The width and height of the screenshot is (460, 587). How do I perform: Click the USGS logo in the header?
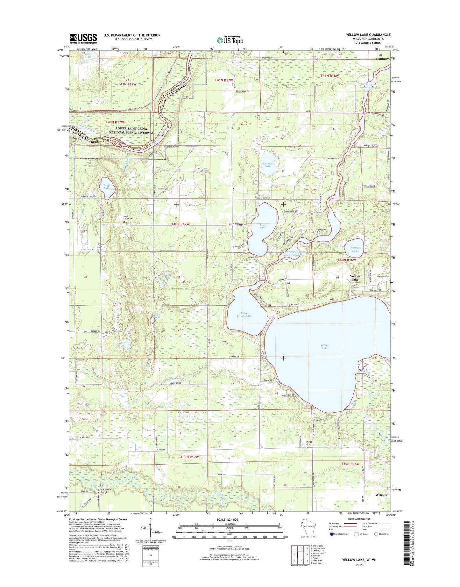coord(83,39)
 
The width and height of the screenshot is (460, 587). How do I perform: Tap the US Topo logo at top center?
coord(230,40)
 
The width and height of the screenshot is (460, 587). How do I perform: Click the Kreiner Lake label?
coord(267,165)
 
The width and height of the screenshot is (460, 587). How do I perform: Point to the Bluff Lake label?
coord(106,187)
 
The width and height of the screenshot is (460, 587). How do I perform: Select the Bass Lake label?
coord(262,226)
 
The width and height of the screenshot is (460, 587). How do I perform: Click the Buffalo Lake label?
coord(355,249)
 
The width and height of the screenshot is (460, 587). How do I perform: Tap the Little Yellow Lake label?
coord(244,314)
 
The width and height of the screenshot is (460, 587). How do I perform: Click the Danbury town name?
coord(382,59)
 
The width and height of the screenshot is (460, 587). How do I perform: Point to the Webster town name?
coord(381,495)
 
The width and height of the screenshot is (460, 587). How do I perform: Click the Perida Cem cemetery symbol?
coord(307,447)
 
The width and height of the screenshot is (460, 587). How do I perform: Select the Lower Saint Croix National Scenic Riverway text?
coord(131,130)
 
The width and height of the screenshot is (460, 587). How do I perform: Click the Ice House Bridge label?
coord(106,491)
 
